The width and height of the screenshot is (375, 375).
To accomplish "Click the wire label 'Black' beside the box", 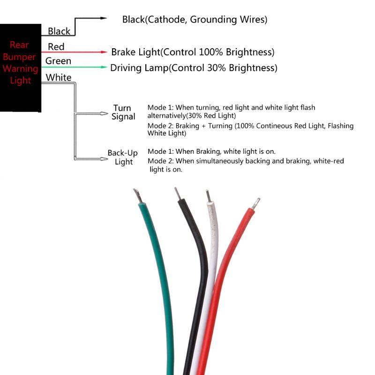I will coord(59,31).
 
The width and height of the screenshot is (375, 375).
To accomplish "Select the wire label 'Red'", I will coord(56,47).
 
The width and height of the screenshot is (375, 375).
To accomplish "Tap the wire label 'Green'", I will coord(58,61).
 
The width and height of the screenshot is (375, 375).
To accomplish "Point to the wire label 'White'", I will coord(59,77).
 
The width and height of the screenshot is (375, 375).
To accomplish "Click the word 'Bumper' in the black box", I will coord(22,57).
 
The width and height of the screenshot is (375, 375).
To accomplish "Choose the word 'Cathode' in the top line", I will coord(166,20).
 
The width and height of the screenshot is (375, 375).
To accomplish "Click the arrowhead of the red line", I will coord(105,52).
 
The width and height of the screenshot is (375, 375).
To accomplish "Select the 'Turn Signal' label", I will coord(123,112).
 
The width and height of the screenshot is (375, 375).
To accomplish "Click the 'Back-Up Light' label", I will coord(123,157).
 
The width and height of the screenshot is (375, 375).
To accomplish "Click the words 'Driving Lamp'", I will coord(139,68).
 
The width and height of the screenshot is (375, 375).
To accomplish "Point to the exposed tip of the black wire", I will coord(177,192).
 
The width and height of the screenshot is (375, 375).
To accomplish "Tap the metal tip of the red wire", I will coord(255,203).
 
